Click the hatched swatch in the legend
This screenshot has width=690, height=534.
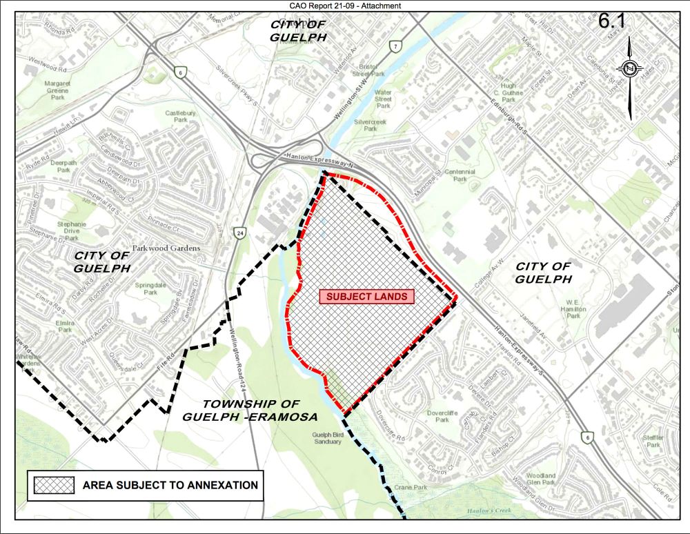click(x=54, y=485)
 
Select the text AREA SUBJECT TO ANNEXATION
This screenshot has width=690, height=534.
click(x=170, y=485)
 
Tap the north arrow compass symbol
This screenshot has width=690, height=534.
click(x=631, y=68)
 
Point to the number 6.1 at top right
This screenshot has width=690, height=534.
click(x=611, y=20)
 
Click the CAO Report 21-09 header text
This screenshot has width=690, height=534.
click(x=345, y=6)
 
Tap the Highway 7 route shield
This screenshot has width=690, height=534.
click(x=395, y=47)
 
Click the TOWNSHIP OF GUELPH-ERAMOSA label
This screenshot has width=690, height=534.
click(x=250, y=410)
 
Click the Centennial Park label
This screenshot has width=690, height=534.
click(x=460, y=175)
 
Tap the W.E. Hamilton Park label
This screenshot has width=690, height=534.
click(x=572, y=309)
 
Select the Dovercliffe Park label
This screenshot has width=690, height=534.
click(x=437, y=416)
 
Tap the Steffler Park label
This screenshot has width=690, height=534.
click(x=653, y=441)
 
